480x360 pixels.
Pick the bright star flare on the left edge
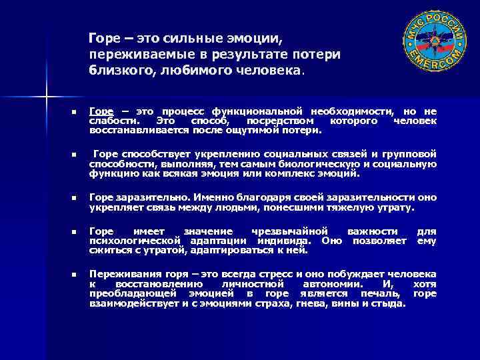46,99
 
